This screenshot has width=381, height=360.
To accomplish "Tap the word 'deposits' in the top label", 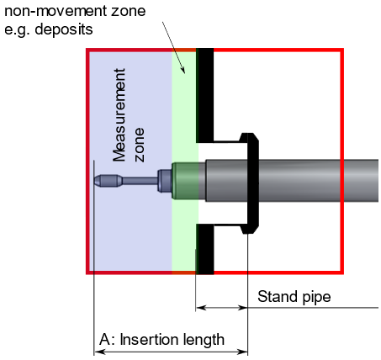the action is [x=64, y=29].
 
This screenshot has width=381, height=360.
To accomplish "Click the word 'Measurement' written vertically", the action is [x=119, y=115].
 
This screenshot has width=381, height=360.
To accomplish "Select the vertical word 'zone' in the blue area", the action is [x=140, y=145].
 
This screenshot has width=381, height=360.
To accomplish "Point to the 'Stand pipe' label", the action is [x=294, y=297].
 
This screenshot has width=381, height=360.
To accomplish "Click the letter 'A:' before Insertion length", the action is [x=108, y=340].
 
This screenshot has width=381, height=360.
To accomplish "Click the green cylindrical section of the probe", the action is [x=185, y=181].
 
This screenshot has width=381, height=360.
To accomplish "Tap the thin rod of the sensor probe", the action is [x=140, y=181].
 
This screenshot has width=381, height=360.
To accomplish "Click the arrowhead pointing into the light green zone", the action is [x=183, y=70].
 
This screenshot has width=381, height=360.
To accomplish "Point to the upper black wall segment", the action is [x=205, y=95].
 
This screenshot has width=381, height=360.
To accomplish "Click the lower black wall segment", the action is [x=205, y=249].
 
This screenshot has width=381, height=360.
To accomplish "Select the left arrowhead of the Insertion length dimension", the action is [x=99, y=352].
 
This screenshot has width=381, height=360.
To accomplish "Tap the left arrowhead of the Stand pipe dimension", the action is [x=201, y=308].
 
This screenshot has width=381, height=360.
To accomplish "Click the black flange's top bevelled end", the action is [x=249, y=138].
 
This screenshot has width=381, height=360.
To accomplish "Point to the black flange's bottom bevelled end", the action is [x=249, y=228].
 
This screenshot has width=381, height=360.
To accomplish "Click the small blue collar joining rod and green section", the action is [x=165, y=181].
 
